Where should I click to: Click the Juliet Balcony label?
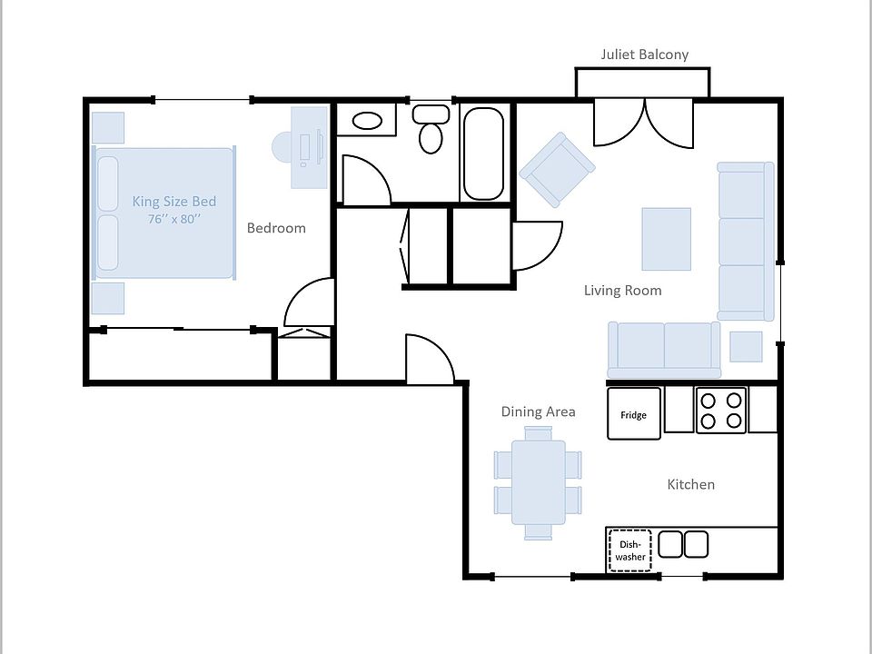tap(645, 54)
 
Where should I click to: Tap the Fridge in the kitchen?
tap(633, 414)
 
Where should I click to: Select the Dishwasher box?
tap(630, 550)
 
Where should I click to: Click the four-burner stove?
tap(720, 411)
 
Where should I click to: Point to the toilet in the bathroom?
tap(431, 128)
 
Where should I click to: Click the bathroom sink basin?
tap(367, 121)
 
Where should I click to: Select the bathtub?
tap(484, 154)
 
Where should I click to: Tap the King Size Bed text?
tap(174, 202)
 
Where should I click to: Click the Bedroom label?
tap(276, 228)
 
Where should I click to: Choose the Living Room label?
tap(623, 291)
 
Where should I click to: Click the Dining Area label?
tap(539, 411)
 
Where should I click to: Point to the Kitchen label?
tap(690, 484)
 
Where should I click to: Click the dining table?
tap(539, 482)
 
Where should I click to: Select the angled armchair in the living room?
tap(557, 170)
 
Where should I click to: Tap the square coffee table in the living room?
tap(666, 239)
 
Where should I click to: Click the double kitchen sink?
tap(683, 544)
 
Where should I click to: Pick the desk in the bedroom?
tap(309, 147)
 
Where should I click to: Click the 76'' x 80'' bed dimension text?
tap(174, 219)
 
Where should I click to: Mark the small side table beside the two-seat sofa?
tap(746, 346)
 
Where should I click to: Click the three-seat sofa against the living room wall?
tap(745, 242)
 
